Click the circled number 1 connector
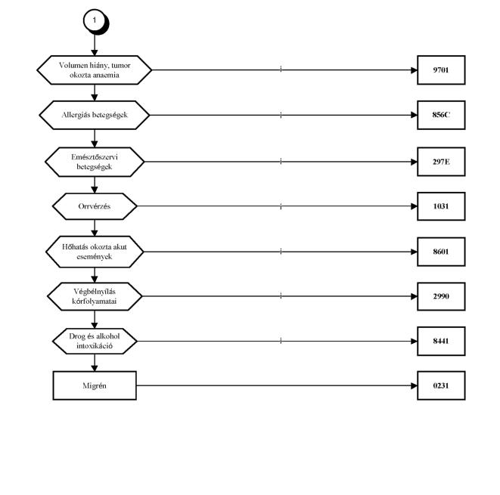[95, 20]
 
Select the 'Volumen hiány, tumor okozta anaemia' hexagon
[95, 70]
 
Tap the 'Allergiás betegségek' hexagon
[95, 115]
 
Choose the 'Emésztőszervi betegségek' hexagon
[95, 162]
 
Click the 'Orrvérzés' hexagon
[95, 206]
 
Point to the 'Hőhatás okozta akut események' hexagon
[95, 252]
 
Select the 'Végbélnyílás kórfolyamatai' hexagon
[95, 296]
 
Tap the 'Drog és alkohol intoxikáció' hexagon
[95, 341]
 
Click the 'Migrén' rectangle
[95, 385]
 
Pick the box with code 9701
[441, 70]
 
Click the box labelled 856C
[441, 115]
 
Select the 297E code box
[441, 162]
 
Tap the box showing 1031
[441, 206]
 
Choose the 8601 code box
[441, 252]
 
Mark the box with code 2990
[441, 296]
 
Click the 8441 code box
[441, 341]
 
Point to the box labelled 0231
[441, 385]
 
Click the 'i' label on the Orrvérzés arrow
[281, 207]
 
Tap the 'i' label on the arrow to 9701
[281, 69]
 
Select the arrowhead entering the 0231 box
[414, 385]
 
